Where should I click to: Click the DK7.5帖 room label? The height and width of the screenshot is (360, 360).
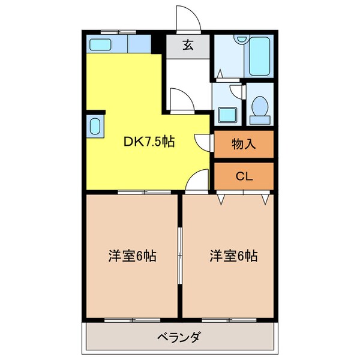click(x=149, y=143)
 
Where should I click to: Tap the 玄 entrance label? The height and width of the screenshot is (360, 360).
click(x=188, y=44)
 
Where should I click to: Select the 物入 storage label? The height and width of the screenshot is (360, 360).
click(x=244, y=144)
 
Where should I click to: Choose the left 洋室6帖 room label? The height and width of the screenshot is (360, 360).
click(x=133, y=256)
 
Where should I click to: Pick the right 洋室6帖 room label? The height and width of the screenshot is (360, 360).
click(x=233, y=256)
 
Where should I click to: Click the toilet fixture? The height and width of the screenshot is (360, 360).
click(x=260, y=109)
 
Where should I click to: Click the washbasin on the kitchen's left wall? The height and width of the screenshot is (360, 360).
click(x=95, y=127)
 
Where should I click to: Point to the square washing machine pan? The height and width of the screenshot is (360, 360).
click(x=227, y=114)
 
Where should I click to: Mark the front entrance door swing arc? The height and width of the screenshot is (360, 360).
click(x=186, y=19)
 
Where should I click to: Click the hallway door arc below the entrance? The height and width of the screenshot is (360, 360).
click(x=179, y=100)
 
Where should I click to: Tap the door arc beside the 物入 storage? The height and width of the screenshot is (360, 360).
click(x=204, y=142)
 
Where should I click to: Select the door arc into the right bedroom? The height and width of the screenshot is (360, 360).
click(x=197, y=180)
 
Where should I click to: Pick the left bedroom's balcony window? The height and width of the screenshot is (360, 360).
click(x=129, y=320)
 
